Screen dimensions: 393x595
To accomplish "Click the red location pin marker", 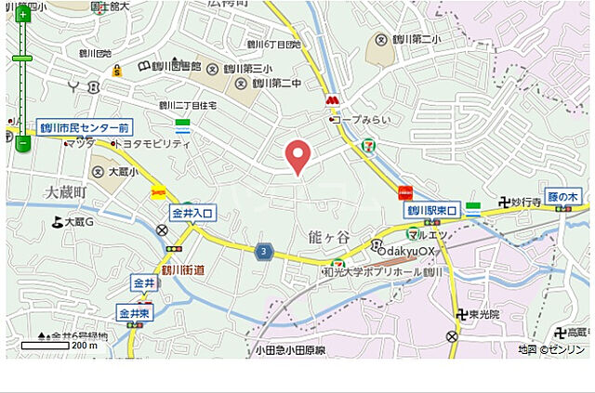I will pyautogui.click(x=297, y=156).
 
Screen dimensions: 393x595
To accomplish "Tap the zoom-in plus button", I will pyautogui.click(x=22, y=15).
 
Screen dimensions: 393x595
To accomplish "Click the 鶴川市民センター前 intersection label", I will pyautogui.click(x=86, y=127).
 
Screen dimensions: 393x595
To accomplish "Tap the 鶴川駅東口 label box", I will pyautogui.click(x=432, y=211).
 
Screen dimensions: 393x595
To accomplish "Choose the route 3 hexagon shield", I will pyautogui.click(x=265, y=252).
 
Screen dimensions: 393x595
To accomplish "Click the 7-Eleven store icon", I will pyautogui.click(x=371, y=146).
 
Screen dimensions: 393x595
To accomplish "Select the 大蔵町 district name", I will pyautogui.click(x=65, y=191).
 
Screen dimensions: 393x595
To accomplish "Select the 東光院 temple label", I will pyautogui.click(x=483, y=314).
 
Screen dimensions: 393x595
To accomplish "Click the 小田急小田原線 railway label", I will pyautogui.click(x=291, y=350).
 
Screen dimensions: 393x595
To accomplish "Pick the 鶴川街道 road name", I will pyautogui.click(x=183, y=269).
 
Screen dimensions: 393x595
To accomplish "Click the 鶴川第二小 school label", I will pyautogui.click(x=416, y=39).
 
